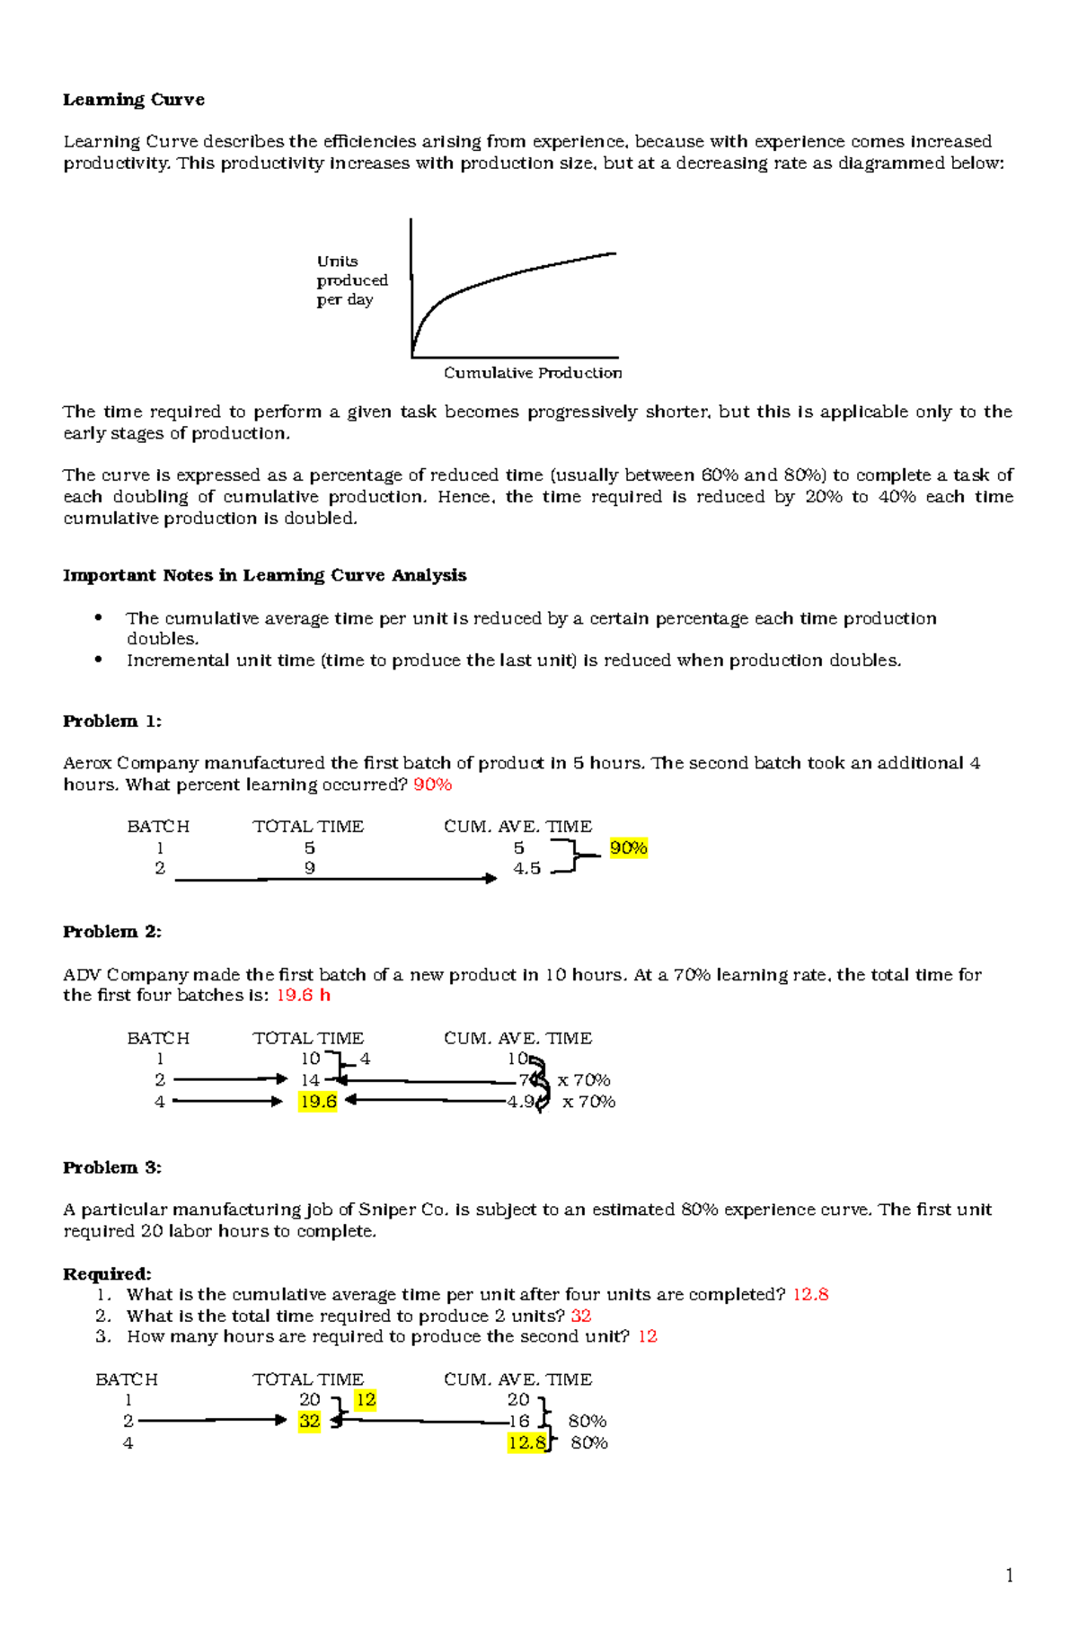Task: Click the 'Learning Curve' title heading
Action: point(134,100)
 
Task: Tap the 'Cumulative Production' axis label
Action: point(532,373)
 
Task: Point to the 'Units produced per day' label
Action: point(351,280)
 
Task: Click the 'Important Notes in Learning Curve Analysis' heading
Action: point(264,575)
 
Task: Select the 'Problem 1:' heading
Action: point(112,722)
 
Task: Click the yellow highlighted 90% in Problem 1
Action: point(628,847)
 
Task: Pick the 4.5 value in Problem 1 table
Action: point(526,869)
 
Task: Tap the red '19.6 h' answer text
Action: point(303,996)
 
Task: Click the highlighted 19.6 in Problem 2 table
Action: point(318,1102)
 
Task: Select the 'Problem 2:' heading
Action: point(112,932)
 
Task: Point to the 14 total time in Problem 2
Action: point(310,1080)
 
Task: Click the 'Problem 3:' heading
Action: point(112,1168)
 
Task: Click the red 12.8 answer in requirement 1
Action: point(809,1295)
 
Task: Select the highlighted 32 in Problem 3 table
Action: point(309,1422)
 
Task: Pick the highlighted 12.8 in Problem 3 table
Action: point(526,1443)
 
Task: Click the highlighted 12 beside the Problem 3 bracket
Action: point(365,1400)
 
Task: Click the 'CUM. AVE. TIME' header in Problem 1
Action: point(517,827)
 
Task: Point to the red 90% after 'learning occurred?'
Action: point(432,785)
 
